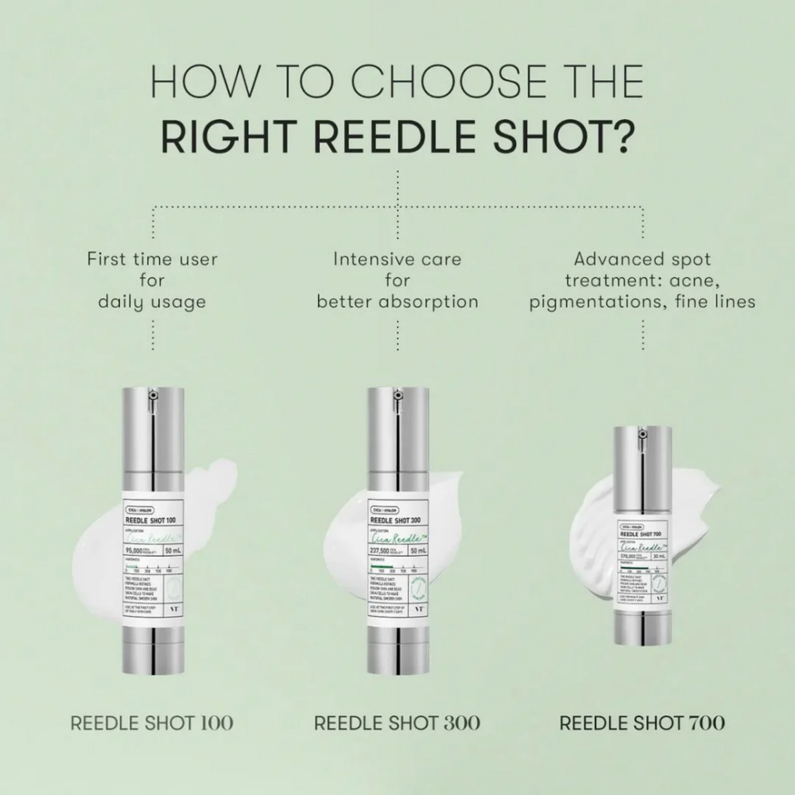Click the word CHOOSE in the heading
(x=448, y=82)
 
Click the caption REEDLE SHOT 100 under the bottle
(x=152, y=723)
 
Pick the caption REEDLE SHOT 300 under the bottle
(x=397, y=723)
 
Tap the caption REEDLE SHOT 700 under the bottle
(x=642, y=723)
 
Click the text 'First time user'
(x=152, y=259)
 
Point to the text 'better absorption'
(x=397, y=301)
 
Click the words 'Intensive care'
(x=397, y=259)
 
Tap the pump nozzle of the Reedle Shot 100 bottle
(x=153, y=396)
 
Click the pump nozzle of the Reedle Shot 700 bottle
(x=642, y=435)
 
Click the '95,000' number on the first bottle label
(x=134, y=550)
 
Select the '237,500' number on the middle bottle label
(x=380, y=550)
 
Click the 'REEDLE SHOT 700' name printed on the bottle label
(x=640, y=534)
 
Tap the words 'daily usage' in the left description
(x=152, y=301)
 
